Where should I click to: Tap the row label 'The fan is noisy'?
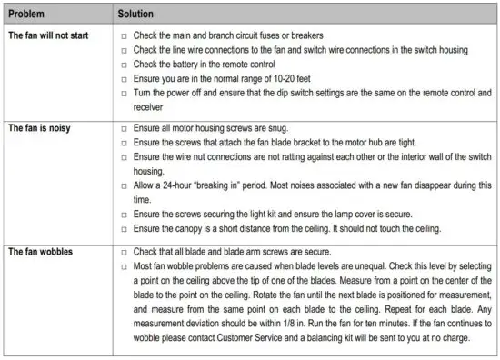point(38,128)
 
